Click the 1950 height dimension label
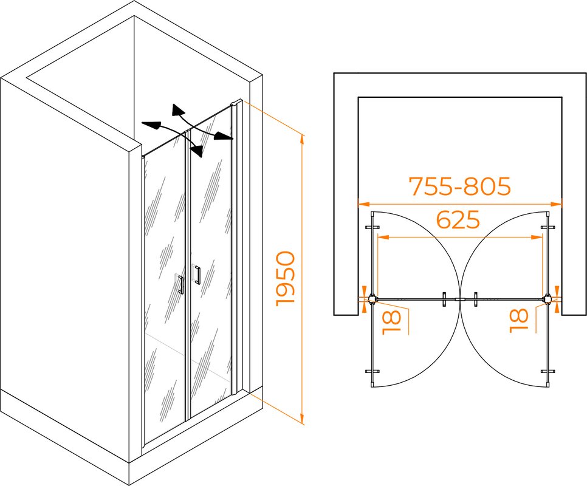tap(286, 279)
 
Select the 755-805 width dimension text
tap(460, 186)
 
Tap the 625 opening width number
tap(458, 219)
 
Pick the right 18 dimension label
tap(519, 321)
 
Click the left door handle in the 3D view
tap(180, 284)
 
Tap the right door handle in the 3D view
tap(196, 275)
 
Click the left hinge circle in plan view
tap(372, 299)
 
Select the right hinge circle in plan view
tap(548, 299)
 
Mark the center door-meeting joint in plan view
tap(460, 299)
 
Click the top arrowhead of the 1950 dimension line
tap(302, 140)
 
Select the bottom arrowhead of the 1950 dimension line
tap(302, 418)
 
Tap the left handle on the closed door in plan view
tap(444, 299)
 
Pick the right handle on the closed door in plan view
tap(475, 299)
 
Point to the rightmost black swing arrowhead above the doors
tap(224, 136)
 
